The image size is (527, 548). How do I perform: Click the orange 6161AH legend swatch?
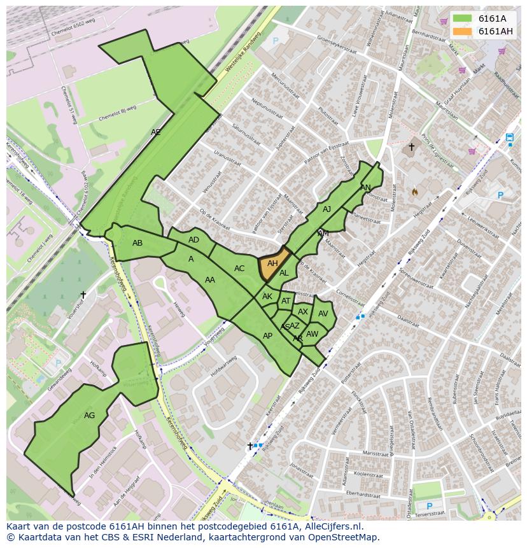(463, 31)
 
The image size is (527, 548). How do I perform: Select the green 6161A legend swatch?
(463, 18)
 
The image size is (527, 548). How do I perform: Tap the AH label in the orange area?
(272, 263)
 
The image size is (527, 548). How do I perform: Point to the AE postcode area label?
(156, 132)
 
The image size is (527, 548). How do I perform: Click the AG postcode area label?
(89, 416)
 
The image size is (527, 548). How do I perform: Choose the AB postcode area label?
(137, 243)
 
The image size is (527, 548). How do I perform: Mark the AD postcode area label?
(193, 240)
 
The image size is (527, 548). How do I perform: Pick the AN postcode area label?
(365, 188)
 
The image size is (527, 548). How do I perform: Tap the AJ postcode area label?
(327, 209)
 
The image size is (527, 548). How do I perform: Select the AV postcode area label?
(323, 314)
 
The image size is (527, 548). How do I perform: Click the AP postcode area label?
(267, 336)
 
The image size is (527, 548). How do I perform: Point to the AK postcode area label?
(267, 297)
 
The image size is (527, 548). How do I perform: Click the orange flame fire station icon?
(414, 191)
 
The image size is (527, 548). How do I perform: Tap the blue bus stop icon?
(509, 137)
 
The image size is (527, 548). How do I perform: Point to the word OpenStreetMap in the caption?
(344, 537)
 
